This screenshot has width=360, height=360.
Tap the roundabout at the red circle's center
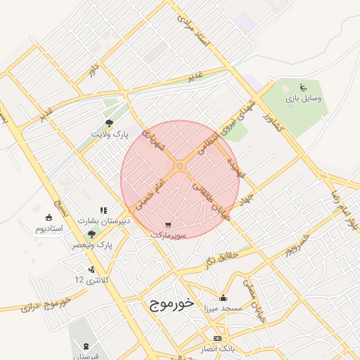coord(180,166)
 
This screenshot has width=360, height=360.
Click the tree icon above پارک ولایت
coord(108,123)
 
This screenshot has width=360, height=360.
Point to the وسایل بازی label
coord(304,99)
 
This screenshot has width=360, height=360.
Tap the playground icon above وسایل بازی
coord(303,88)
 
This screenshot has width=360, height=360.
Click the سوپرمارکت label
coord(167,236)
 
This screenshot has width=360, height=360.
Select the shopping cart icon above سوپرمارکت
coord(167,225)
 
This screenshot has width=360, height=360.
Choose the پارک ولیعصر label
coord(92,245)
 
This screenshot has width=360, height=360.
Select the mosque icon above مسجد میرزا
coord(224,297)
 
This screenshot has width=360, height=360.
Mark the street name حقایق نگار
coord(224,259)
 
